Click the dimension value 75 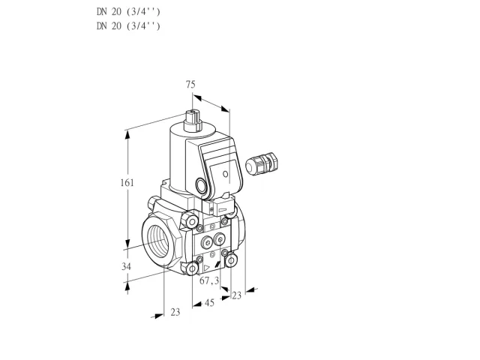pos(190,84)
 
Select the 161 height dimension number pos(127,183)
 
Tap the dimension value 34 pos(126,267)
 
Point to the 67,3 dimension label pos(209,280)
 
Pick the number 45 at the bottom pos(209,303)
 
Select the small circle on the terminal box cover pos(225,174)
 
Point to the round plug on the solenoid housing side pos(202,185)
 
